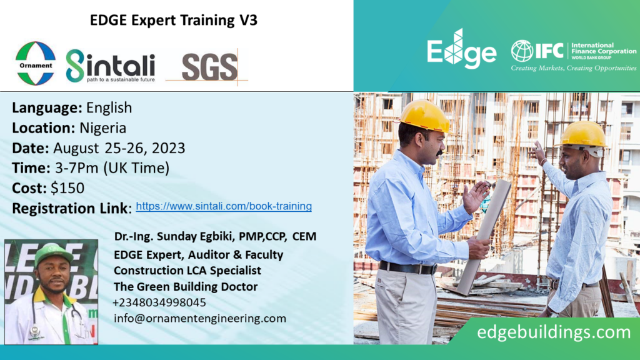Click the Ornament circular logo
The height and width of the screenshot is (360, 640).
click(36, 64)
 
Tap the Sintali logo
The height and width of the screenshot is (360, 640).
click(111, 66)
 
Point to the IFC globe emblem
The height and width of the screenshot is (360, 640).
click(522, 51)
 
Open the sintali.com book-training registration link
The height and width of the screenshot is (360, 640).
click(224, 206)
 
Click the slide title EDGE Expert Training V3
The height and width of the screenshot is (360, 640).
click(174, 20)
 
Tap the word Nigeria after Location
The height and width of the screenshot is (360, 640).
click(103, 127)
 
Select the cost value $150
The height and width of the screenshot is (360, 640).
click(67, 187)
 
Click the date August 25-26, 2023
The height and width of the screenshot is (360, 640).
click(119, 147)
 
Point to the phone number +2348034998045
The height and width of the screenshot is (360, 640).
click(159, 302)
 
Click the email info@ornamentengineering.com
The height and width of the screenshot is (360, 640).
click(200, 318)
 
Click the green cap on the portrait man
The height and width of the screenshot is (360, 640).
click(53, 254)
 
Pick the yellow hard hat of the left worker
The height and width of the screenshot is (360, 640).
click(424, 116)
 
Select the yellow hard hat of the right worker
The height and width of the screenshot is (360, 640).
click(583, 135)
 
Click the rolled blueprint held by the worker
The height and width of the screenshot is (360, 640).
click(484, 237)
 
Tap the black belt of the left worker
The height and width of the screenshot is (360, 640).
click(407, 267)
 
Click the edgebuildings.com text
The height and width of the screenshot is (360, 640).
click(554, 332)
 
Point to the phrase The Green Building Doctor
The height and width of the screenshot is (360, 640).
click(186, 286)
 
